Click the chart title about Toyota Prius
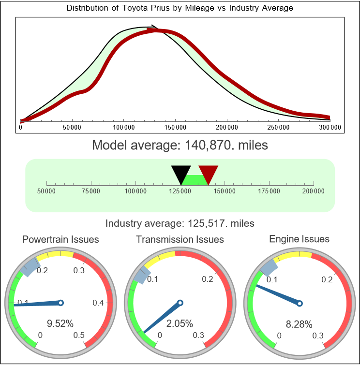tap(180, 8)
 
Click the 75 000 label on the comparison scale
tap(91, 191)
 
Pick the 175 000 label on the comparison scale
tap(269, 191)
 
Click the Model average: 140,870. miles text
tap(180, 145)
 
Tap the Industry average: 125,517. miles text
tap(180, 223)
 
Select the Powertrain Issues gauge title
tap(60, 239)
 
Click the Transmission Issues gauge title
tap(180, 239)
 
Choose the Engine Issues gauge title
tap(299, 239)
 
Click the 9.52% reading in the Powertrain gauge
tap(60, 323)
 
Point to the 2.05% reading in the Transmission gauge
tap(180, 323)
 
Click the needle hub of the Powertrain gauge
tap(61, 303)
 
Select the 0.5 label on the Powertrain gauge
tap(79, 335)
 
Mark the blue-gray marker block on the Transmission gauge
tap(139, 276)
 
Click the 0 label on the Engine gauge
tap(279, 335)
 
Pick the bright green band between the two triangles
tap(195, 179)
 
